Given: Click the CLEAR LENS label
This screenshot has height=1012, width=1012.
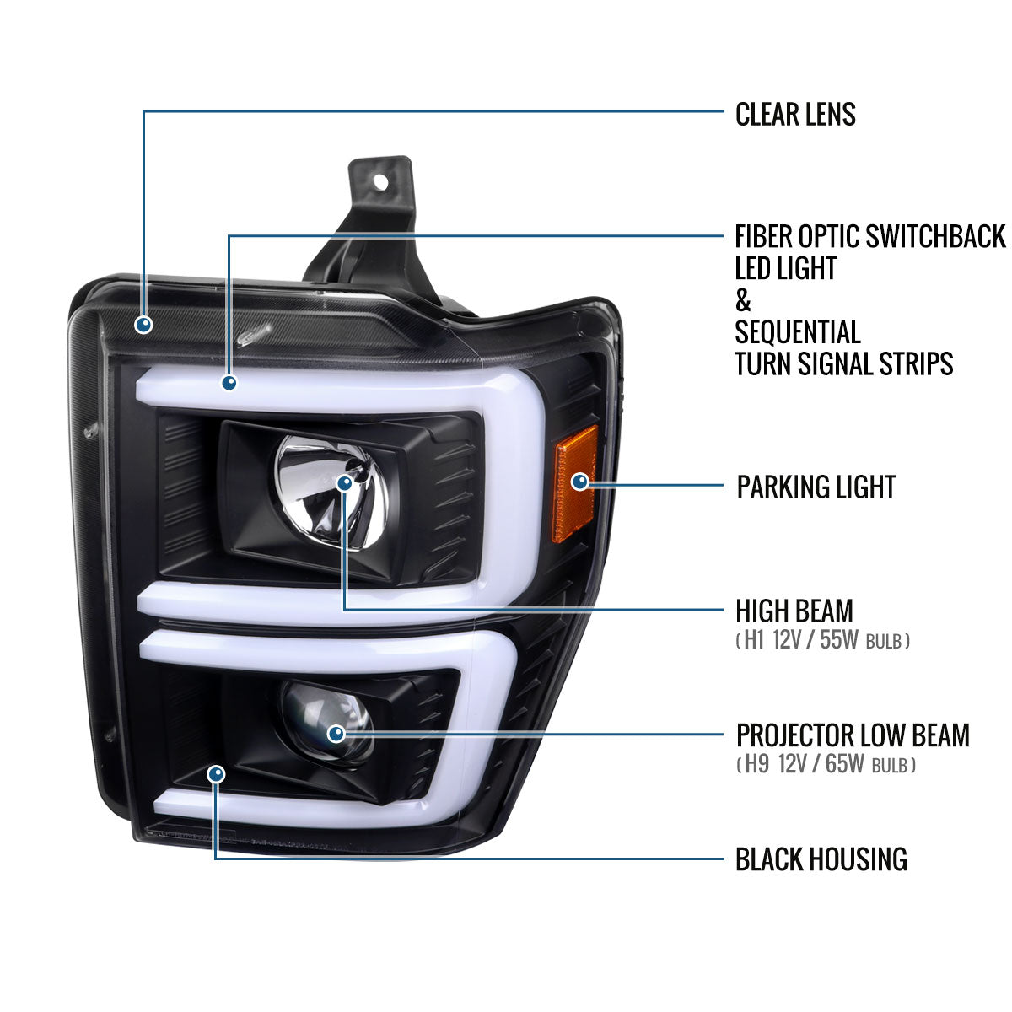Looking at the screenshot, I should click(x=795, y=115).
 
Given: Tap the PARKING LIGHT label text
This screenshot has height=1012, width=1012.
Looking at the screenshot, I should click(x=816, y=487).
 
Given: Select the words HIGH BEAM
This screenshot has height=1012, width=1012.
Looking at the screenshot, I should click(x=794, y=611).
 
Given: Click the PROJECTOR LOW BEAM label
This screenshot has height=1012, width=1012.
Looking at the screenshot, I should click(x=852, y=735).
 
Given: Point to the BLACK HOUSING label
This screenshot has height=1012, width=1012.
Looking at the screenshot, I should click(x=821, y=859).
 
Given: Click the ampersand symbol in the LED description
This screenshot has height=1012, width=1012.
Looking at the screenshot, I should click(x=743, y=300).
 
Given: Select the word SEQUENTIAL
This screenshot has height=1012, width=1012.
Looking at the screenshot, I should click(x=797, y=332).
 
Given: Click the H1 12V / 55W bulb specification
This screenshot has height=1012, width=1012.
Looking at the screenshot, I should click(x=822, y=641).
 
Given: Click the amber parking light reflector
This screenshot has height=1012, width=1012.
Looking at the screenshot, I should click(x=574, y=484).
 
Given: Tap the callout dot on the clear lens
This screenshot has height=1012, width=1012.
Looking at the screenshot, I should click(x=144, y=323).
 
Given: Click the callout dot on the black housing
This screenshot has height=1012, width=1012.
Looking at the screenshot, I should click(x=217, y=773).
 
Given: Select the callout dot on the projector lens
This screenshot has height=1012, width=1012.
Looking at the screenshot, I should click(x=336, y=734).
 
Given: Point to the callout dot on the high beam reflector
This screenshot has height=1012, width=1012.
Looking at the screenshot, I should click(x=345, y=483).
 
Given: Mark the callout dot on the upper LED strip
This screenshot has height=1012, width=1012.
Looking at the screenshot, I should click(x=229, y=383).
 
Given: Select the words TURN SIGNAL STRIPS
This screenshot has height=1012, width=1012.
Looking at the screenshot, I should click(x=843, y=364).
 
